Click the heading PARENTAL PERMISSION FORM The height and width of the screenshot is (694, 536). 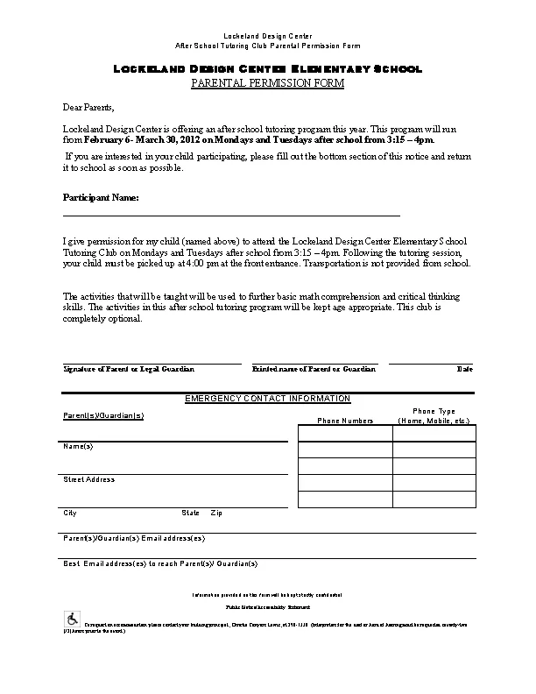(267, 83)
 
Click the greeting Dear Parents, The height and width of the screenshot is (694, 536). (88, 107)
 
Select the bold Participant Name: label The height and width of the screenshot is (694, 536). (101, 198)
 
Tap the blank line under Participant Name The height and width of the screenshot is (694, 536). (231, 215)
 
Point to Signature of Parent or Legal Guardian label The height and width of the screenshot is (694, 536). (129, 369)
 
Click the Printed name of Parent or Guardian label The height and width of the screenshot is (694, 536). (314, 369)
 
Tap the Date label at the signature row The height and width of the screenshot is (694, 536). (464, 369)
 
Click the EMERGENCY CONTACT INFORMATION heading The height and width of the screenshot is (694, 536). (267, 399)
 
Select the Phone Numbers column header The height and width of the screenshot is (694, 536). (345, 421)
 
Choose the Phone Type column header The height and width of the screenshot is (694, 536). (434, 415)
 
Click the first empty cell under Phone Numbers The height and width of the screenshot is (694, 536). (345, 433)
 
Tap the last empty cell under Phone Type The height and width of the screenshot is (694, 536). (434, 499)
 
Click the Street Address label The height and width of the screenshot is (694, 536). (88, 479)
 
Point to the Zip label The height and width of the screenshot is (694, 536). (216, 513)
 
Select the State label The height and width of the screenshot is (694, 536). (190, 513)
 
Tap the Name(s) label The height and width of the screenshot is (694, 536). (78, 446)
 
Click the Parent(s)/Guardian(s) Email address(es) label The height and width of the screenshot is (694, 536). (134, 538)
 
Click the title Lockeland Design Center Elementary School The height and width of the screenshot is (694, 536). (267, 69)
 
